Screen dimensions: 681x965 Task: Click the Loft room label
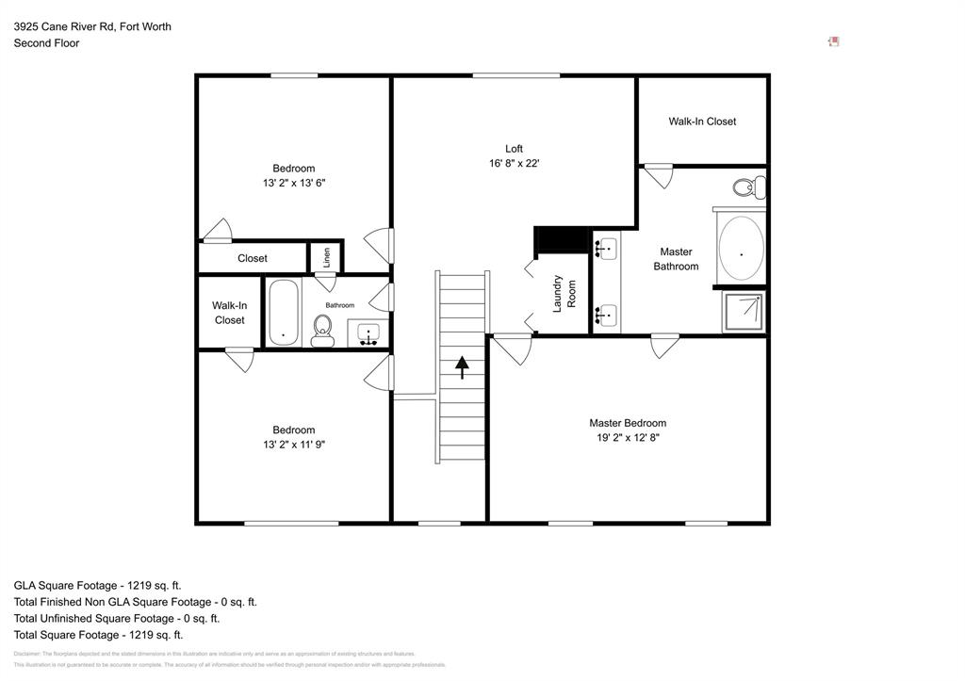(x=514, y=149)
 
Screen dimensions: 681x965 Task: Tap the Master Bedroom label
(x=628, y=423)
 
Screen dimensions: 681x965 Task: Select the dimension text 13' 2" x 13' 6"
(x=294, y=183)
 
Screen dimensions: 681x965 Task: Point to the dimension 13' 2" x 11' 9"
(x=294, y=445)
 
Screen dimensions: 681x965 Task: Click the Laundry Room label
(x=564, y=293)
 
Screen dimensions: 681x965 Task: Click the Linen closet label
(x=327, y=257)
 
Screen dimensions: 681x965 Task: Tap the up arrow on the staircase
(x=462, y=366)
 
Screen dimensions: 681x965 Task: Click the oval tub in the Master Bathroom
(x=741, y=250)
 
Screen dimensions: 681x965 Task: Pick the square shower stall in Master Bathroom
(x=744, y=312)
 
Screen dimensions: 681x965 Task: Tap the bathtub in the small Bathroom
(x=284, y=311)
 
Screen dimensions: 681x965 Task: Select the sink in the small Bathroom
(x=368, y=332)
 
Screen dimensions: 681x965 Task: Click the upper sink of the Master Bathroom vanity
(x=606, y=249)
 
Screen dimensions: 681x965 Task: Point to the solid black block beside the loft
(x=561, y=241)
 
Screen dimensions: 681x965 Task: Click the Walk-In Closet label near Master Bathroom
(x=702, y=122)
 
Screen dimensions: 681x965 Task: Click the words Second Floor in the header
(x=46, y=43)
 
